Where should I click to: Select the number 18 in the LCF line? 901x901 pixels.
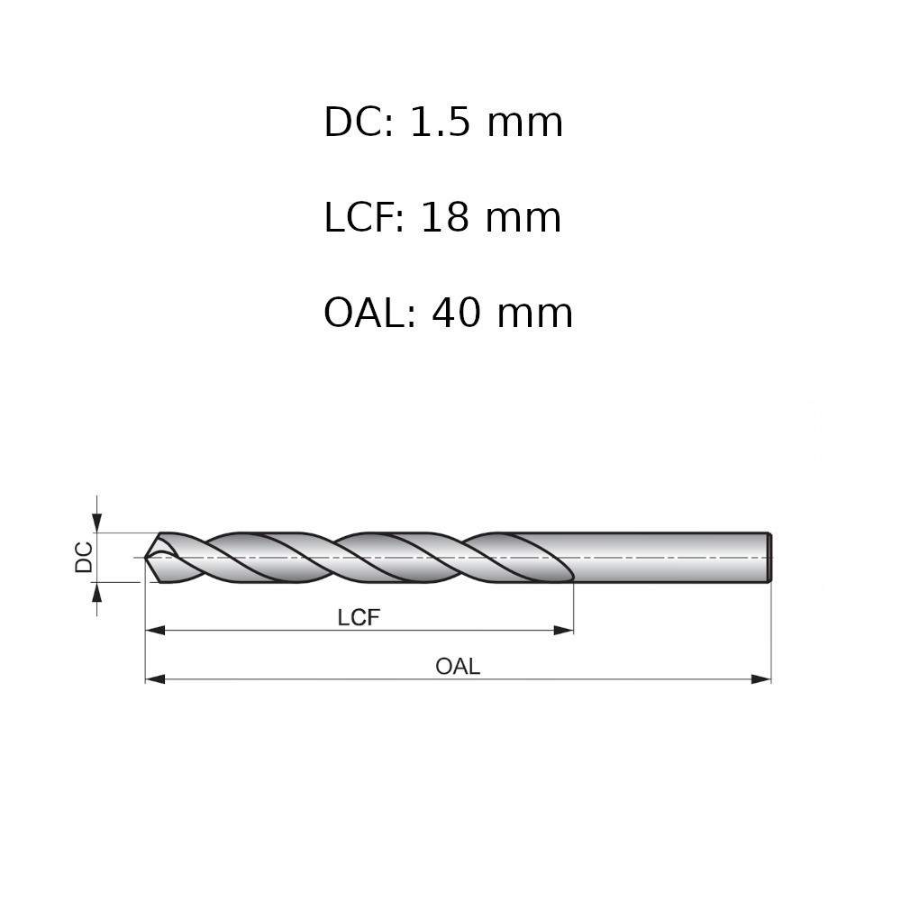click(x=445, y=218)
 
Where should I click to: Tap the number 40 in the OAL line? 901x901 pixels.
click(x=456, y=314)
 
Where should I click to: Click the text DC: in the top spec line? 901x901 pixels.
click(x=359, y=122)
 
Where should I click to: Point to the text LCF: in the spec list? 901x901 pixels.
click(x=364, y=218)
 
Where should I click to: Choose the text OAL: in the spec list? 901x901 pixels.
click(x=369, y=314)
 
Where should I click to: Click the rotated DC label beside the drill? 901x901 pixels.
click(x=84, y=557)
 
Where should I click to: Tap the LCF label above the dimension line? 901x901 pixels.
click(x=359, y=618)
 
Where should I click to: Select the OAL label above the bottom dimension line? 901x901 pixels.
click(x=458, y=667)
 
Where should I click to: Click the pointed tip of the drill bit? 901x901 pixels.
click(x=145, y=557)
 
